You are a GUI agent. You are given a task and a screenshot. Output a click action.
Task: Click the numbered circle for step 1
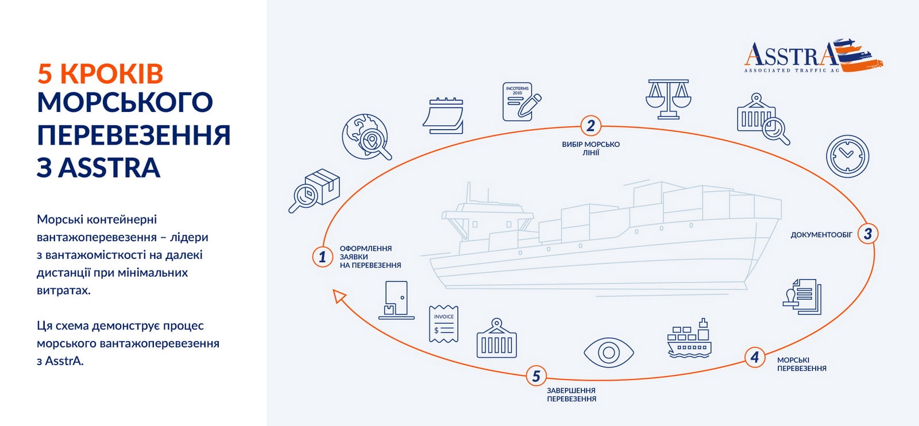(322, 257)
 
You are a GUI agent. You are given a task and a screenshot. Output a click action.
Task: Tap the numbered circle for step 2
(590, 125)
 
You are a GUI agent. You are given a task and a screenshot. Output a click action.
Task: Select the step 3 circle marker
(867, 234)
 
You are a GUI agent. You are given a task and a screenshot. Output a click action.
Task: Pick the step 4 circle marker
(755, 357)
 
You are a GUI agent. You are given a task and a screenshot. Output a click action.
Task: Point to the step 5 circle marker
(536, 376)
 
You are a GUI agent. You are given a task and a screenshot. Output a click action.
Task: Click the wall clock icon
(847, 156)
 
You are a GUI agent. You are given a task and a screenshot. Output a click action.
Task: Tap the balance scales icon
(668, 99)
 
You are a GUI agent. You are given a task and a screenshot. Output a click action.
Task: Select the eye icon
(608, 352)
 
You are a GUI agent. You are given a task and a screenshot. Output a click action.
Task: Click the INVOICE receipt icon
(443, 324)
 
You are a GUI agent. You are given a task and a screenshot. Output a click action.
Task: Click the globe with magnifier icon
(366, 137)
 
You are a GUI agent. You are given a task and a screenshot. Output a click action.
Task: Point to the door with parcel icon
(396, 300)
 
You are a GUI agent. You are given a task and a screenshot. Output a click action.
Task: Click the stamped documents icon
(803, 296)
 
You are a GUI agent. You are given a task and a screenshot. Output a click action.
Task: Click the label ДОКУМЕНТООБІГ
(821, 235)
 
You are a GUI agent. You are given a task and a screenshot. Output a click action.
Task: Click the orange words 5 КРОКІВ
(101, 74)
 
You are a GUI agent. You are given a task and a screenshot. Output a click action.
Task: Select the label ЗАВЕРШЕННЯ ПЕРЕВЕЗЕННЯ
(572, 394)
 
